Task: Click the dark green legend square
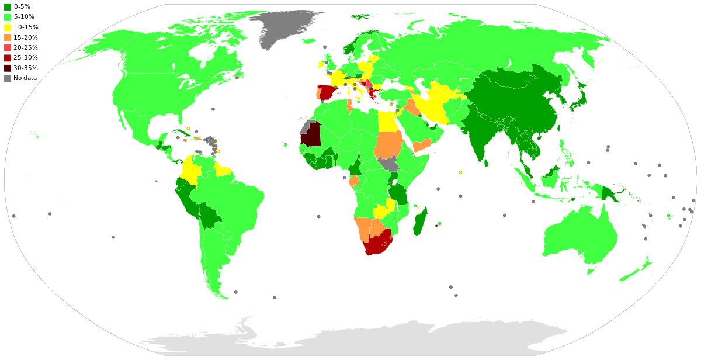click(x=8, y=8)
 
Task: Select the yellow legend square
click(x=8, y=27)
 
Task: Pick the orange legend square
click(x=8, y=38)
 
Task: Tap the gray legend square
click(x=8, y=78)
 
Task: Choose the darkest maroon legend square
click(x=8, y=68)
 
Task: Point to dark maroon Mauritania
click(x=313, y=134)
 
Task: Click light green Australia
click(x=578, y=234)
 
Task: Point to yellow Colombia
click(x=190, y=169)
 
